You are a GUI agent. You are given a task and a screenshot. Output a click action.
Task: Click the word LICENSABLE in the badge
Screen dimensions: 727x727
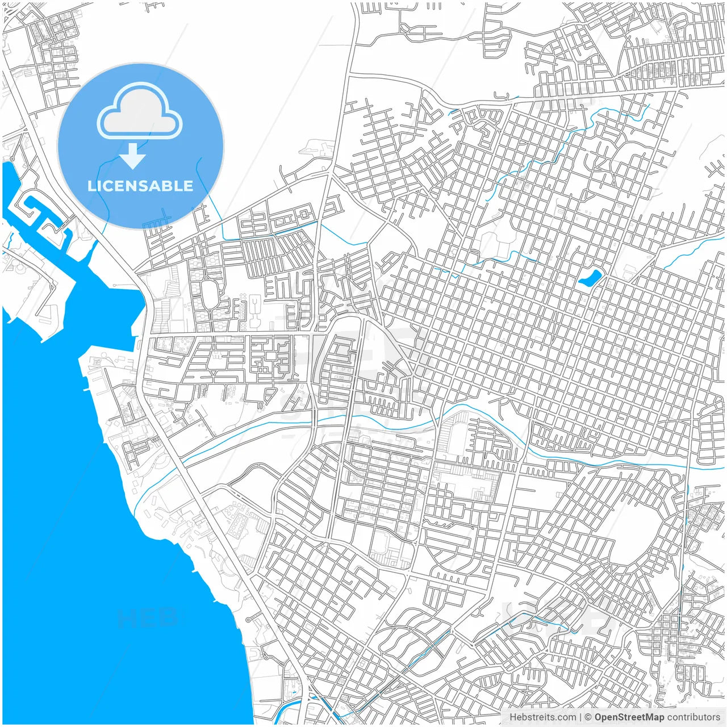pyautogui.click(x=140, y=186)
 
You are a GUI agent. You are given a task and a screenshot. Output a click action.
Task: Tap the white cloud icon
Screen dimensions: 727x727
pyautogui.click(x=140, y=112)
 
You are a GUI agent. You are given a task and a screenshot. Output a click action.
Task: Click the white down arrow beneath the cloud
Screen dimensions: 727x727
pyautogui.click(x=133, y=156)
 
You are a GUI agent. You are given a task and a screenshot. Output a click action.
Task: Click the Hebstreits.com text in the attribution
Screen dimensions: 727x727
pyautogui.click(x=542, y=717)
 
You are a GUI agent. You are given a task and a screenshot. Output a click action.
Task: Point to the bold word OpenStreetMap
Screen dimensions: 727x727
pyautogui.click(x=629, y=717)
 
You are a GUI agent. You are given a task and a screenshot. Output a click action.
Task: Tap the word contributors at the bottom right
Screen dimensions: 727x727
pyautogui.click(x=693, y=717)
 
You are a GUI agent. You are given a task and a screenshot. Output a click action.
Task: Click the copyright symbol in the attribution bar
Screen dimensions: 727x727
pyautogui.click(x=588, y=717)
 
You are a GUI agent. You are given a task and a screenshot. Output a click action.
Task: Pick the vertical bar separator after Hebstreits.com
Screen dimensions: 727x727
pyautogui.click(x=580, y=717)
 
